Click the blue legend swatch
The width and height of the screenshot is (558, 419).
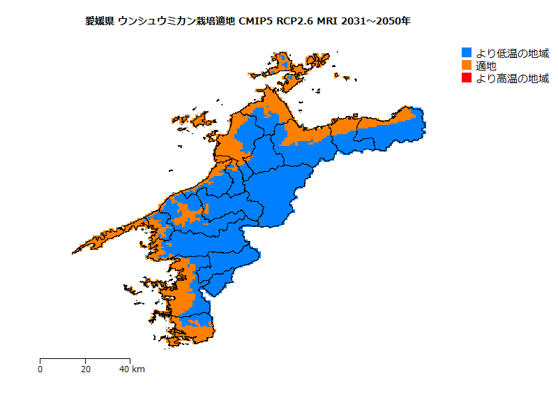pyautogui.click(x=467, y=53)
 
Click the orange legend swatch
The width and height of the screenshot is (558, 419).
pyautogui.click(x=467, y=66)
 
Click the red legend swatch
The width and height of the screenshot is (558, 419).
pyautogui.click(x=467, y=78)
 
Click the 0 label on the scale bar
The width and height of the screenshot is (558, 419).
pyautogui.click(x=40, y=369)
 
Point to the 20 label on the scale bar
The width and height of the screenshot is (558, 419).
pyautogui.click(x=85, y=369)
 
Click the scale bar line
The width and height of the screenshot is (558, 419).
pyautogui.click(x=84, y=359)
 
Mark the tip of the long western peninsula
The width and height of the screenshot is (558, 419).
pyautogui.click(x=74, y=252)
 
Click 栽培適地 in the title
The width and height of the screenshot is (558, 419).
pyautogui.click(x=213, y=21)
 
